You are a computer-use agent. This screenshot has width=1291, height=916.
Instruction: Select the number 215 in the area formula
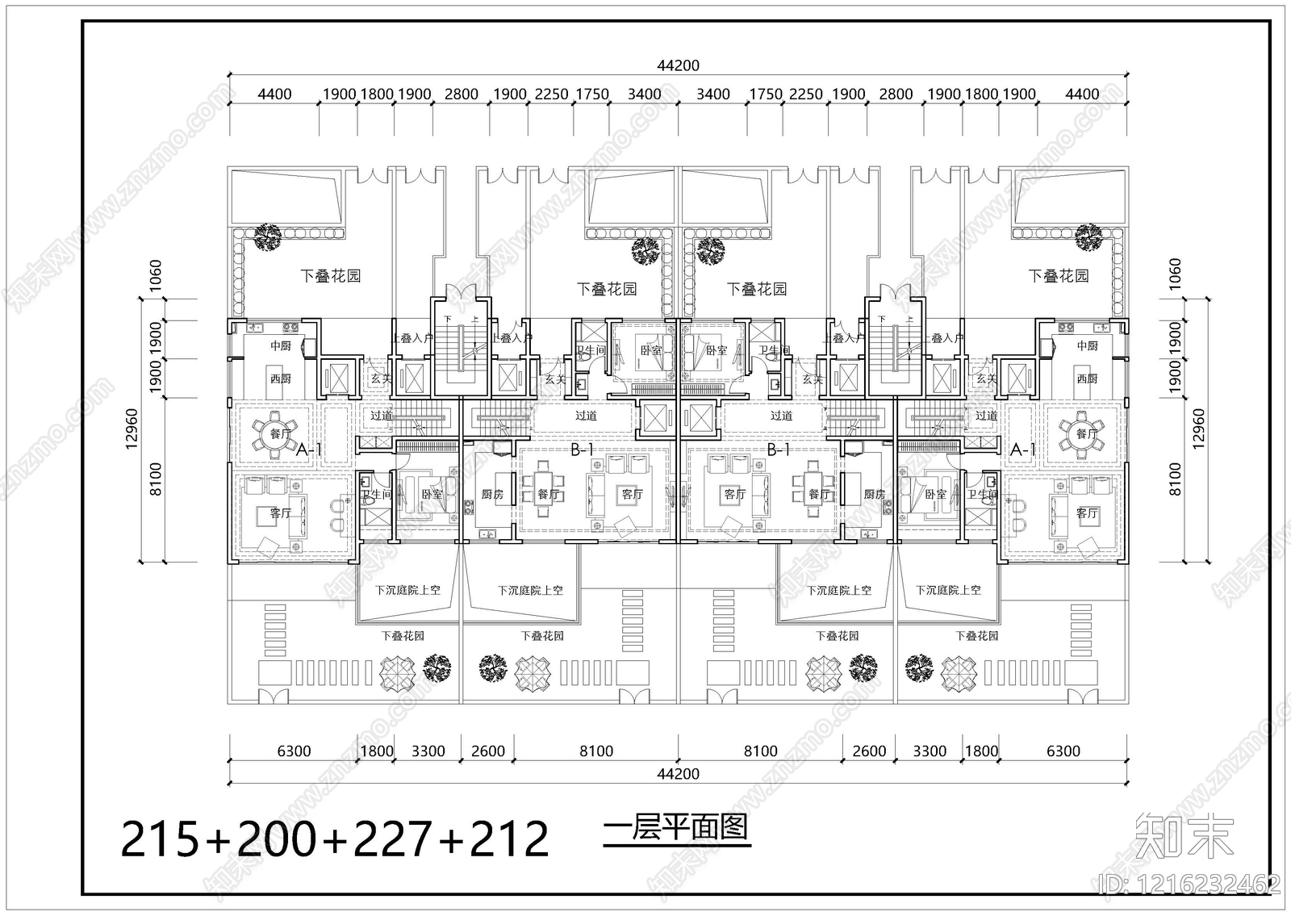pos(160,839)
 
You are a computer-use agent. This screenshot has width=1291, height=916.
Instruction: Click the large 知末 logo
pos(1184,836)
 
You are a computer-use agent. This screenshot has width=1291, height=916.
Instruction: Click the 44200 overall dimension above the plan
pos(678,65)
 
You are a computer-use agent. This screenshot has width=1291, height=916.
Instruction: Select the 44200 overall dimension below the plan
pos(678,774)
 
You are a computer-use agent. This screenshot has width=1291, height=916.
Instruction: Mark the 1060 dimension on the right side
pos(1175,274)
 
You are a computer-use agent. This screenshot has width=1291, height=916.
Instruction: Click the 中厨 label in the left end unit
pos(280,345)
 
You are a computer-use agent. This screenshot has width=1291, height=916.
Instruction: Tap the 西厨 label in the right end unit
pos(1087,379)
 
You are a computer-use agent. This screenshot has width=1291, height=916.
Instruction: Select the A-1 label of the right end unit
pos(1022,450)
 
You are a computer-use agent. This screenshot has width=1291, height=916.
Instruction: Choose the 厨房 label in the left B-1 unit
pos(492,494)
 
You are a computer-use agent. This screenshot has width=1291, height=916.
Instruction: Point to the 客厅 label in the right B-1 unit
pos(734,494)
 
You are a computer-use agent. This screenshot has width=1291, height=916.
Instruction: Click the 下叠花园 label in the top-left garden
pos(330,276)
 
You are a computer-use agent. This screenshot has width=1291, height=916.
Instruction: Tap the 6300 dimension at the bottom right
pos(1063,751)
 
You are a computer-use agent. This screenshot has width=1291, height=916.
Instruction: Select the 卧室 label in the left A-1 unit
pos(432,494)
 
